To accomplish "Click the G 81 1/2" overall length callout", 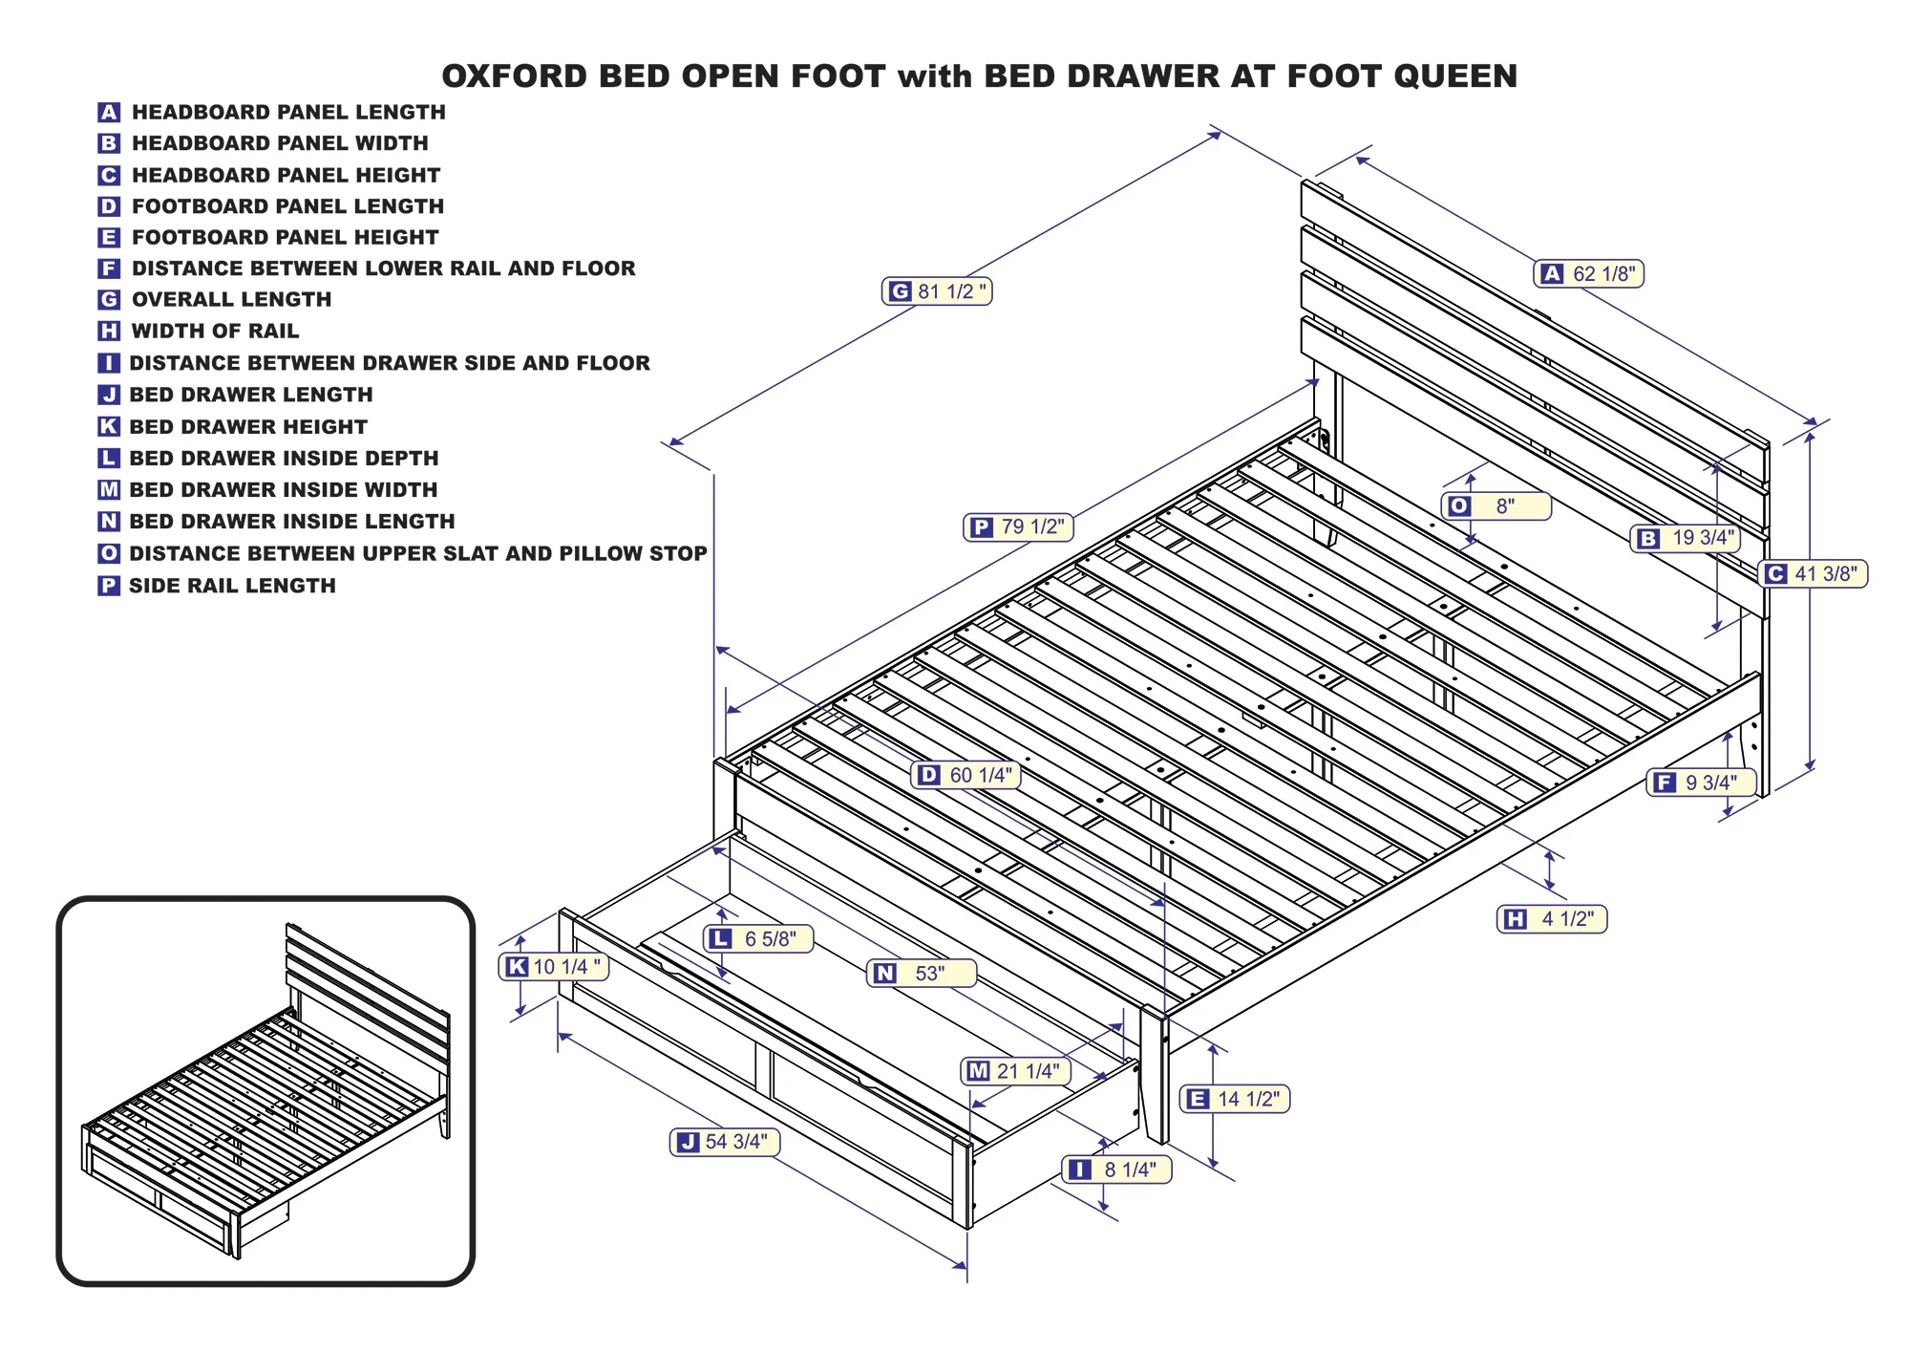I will [937, 291].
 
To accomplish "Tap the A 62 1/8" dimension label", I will [1589, 274].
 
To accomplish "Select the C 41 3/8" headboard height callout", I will [1813, 574].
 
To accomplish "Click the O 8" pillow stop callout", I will [1496, 506].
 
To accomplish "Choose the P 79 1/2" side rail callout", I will [1018, 527].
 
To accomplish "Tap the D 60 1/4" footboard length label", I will [966, 775].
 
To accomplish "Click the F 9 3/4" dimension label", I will [1701, 783].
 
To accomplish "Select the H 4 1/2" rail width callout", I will [1552, 919].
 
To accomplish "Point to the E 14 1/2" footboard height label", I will [1235, 1100].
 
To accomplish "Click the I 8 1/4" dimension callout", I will [1116, 1170].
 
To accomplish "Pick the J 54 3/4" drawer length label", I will [724, 1142].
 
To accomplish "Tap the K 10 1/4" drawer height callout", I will [554, 967].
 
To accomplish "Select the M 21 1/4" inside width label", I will [1015, 1072].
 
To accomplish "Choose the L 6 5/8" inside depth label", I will [758, 939].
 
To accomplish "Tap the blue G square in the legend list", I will [109, 300].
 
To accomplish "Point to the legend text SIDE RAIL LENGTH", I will [232, 586].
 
